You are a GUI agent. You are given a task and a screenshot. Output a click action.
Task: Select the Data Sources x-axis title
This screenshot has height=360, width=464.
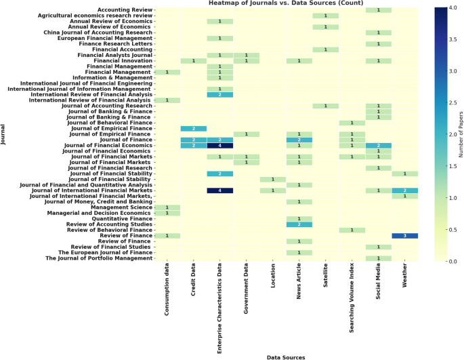pyautogui.click(x=286, y=355)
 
